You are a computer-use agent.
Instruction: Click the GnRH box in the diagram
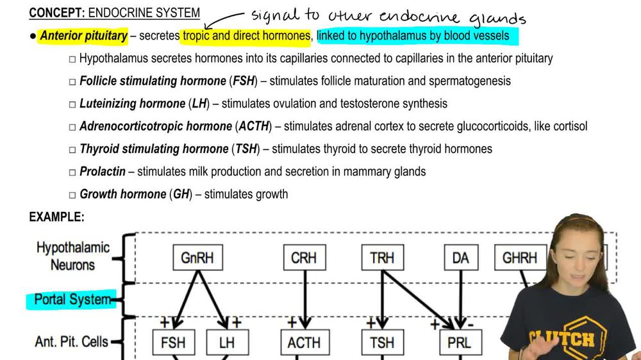(197, 258)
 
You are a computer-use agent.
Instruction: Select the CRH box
(304, 258)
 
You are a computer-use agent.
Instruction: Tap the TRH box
(383, 258)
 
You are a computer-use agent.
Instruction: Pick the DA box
(460, 258)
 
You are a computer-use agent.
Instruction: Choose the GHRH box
(519, 258)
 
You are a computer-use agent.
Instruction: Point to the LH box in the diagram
(227, 342)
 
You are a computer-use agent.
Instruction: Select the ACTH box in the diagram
(304, 342)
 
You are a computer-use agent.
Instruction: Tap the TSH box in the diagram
(383, 342)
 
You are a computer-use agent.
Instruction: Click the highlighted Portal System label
(72, 299)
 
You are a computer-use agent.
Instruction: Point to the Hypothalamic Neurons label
(72, 256)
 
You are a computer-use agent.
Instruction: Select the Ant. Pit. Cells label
(71, 341)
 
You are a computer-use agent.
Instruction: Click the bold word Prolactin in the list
(103, 172)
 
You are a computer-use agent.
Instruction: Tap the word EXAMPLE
(56, 217)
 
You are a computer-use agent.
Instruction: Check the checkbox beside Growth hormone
(72, 195)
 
